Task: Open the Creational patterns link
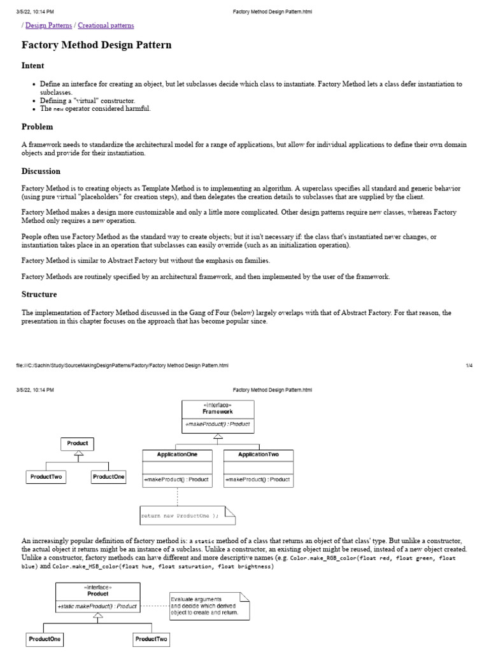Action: pyautogui.click(x=106, y=25)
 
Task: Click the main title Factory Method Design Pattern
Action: pyautogui.click(x=96, y=46)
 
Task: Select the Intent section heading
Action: pyautogui.click(x=32, y=66)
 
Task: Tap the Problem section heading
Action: pyautogui.click(x=37, y=127)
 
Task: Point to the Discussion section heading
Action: pyautogui.click(x=41, y=171)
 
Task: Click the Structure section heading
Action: pyautogui.click(x=39, y=294)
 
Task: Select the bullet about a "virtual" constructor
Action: pyautogui.click(x=87, y=101)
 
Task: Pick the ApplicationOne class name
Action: pyautogui.click(x=176, y=455)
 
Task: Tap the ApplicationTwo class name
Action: pyautogui.click(x=258, y=455)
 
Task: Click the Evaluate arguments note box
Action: pyautogui.click(x=209, y=606)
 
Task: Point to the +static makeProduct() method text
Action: pyautogui.click(x=97, y=607)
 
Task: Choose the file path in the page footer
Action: pyautogui.click(x=122, y=365)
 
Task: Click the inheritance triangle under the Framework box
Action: pyautogui.click(x=217, y=437)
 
